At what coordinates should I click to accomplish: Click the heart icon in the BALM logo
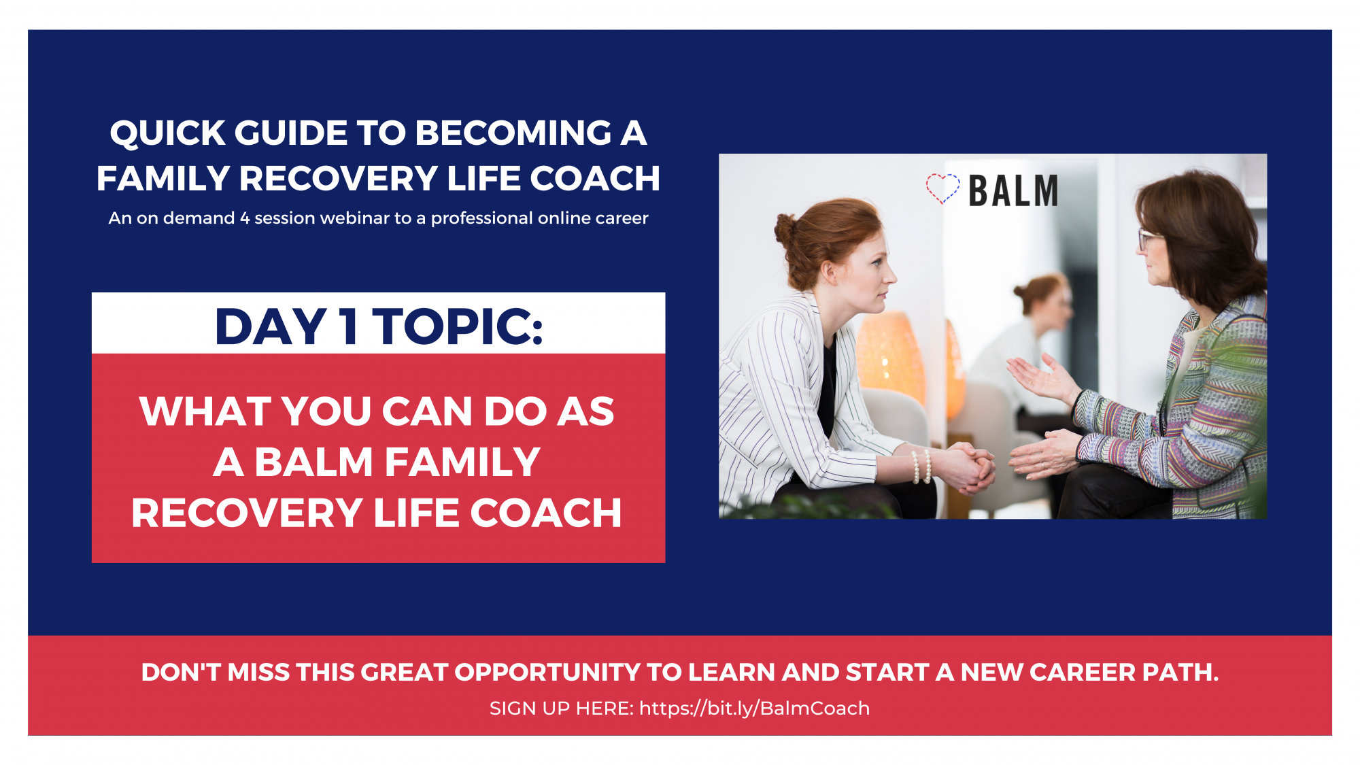click(x=942, y=188)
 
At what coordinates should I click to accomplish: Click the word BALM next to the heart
click(x=1013, y=191)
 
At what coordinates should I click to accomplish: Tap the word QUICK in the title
click(x=167, y=133)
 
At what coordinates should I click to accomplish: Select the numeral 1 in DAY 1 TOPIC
click(x=349, y=326)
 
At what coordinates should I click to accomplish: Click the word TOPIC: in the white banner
click(x=458, y=326)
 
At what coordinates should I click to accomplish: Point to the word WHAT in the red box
click(x=205, y=412)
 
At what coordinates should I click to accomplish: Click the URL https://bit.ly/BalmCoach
click(x=754, y=709)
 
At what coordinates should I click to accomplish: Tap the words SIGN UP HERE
click(x=561, y=709)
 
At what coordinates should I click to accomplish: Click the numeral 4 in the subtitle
click(x=245, y=218)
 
